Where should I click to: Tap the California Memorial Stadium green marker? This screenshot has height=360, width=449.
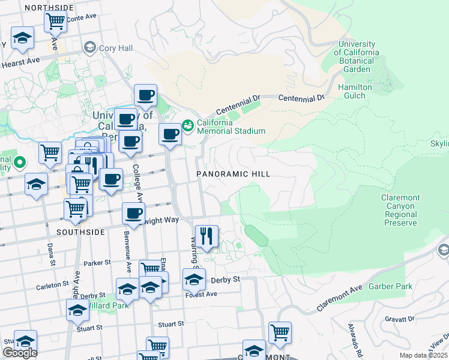tap(188, 125)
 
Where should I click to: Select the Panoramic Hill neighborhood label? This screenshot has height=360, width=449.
tap(234, 174)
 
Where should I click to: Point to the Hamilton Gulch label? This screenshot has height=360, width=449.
tap(355, 91)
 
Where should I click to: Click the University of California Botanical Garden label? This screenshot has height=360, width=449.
tap(358, 56)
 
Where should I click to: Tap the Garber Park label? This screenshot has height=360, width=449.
tap(391, 286)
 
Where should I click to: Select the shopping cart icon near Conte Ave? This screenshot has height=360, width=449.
tap(55, 22)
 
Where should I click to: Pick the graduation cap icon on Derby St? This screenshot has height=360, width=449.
tap(194, 280)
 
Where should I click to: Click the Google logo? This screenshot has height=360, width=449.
tap(20, 353)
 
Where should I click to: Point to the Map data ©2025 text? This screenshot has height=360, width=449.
tap(423, 355)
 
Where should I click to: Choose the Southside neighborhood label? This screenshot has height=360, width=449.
tap(81, 232)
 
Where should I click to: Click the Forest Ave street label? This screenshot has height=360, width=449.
tap(202, 295)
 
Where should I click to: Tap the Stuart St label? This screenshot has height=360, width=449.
tap(170, 324)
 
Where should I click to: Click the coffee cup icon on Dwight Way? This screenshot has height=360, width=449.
tap(133, 213)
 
